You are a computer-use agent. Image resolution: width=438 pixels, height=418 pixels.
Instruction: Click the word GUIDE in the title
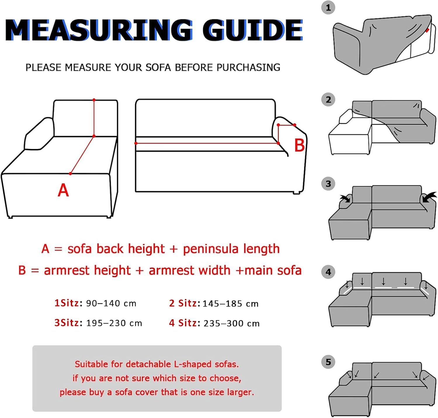(253, 30)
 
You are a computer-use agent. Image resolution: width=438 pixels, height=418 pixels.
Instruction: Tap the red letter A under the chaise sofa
(63, 190)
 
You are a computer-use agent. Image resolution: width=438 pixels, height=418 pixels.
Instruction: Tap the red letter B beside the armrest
(299, 145)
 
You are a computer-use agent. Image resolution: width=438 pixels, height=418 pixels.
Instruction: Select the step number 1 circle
(328, 8)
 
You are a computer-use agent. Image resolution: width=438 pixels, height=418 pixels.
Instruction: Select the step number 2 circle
(328, 100)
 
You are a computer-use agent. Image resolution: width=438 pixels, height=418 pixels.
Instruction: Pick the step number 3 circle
(328, 184)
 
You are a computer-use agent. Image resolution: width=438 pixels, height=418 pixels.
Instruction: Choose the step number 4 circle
(328, 272)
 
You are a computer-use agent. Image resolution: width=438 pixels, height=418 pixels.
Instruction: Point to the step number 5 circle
(328, 362)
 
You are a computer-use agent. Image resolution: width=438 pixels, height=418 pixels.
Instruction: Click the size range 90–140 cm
(111, 303)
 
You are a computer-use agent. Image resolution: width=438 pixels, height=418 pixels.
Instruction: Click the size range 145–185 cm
(230, 303)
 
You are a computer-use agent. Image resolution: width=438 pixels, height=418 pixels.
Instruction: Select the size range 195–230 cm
(114, 323)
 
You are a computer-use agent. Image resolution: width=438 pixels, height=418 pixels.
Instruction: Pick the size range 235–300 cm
(232, 323)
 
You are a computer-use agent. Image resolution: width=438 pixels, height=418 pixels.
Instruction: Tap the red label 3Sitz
(67, 323)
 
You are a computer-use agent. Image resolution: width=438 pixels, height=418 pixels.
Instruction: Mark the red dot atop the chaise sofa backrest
(94, 100)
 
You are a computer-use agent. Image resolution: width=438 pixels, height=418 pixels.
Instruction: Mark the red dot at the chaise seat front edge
(70, 174)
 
